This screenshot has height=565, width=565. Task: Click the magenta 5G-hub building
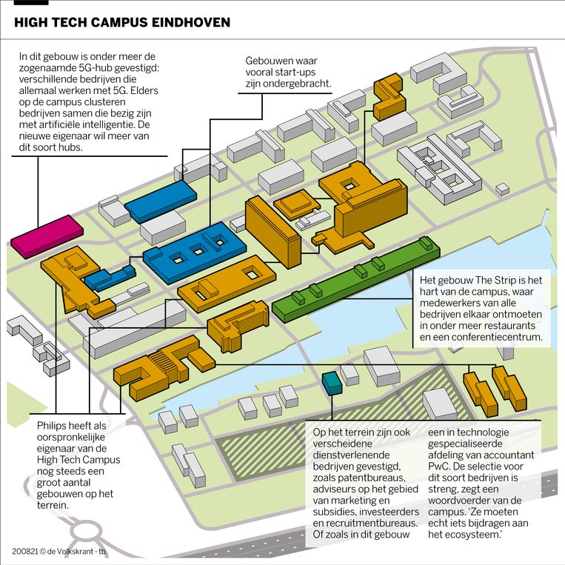(47, 236)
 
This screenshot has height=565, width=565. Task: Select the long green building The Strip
(355, 278)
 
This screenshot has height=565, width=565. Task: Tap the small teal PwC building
(332, 383)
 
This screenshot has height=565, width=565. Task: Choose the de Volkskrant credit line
(60, 552)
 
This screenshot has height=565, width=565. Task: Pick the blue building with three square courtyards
(195, 252)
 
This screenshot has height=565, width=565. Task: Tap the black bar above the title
(31, 2)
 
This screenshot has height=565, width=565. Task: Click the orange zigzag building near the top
(390, 96)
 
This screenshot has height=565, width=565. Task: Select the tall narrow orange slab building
(273, 232)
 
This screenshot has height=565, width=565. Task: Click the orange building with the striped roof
(164, 367)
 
